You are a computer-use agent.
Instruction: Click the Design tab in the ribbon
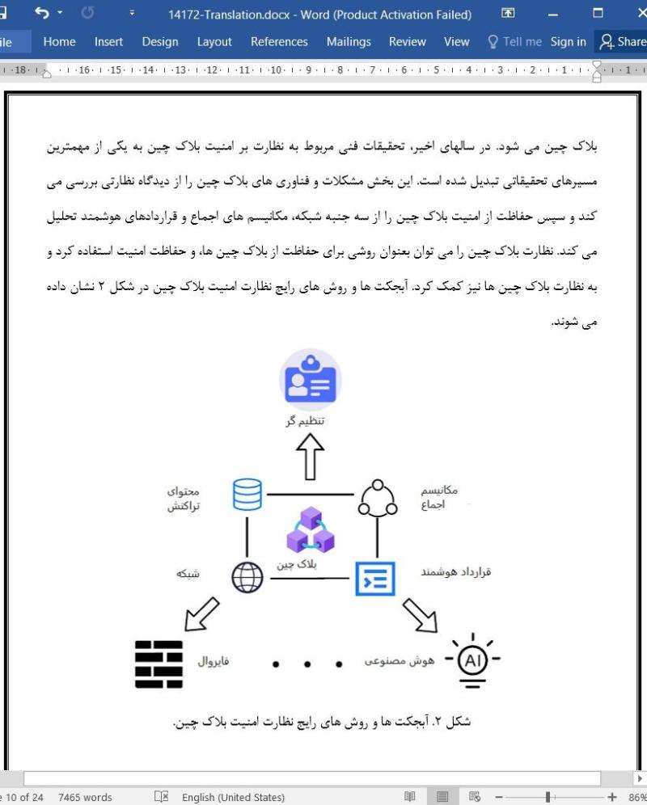tap(160, 42)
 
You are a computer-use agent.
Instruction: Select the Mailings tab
tap(349, 42)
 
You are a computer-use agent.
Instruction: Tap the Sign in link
tap(568, 42)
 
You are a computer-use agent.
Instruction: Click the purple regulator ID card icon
tap(311, 381)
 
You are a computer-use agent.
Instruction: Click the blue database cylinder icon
tap(247, 495)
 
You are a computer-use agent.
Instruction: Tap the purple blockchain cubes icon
tap(311, 530)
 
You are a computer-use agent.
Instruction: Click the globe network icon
tap(247, 577)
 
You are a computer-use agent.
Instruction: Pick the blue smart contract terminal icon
tap(375, 577)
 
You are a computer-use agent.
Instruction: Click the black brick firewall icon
tap(159, 664)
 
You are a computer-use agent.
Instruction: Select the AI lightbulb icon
tap(472, 661)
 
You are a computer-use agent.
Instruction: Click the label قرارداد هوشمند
tap(455, 572)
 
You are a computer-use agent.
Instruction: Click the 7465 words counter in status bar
tap(85, 797)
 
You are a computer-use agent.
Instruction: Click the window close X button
tap(631, 14)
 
